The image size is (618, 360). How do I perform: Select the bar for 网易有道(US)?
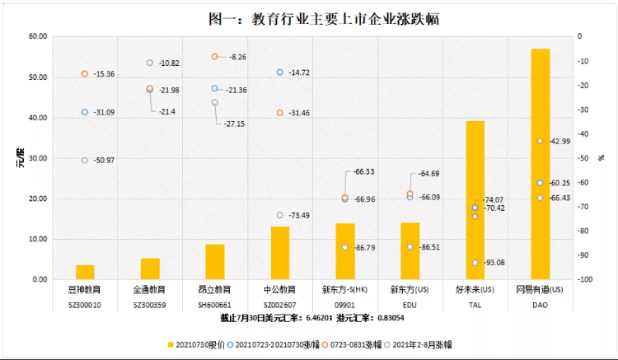point(540,165)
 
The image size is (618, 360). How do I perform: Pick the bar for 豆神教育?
point(85,272)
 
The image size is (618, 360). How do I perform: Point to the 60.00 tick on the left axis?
point(38,37)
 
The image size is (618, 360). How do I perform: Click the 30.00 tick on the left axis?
point(38,158)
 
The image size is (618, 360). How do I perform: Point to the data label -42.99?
point(559,141)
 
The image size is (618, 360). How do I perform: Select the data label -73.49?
point(300,216)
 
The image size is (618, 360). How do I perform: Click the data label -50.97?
point(105,160)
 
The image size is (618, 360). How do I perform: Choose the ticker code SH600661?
point(215,304)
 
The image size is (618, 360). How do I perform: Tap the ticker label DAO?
point(540,304)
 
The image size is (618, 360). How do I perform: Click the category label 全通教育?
point(150,291)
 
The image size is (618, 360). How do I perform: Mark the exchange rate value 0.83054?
point(390,317)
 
